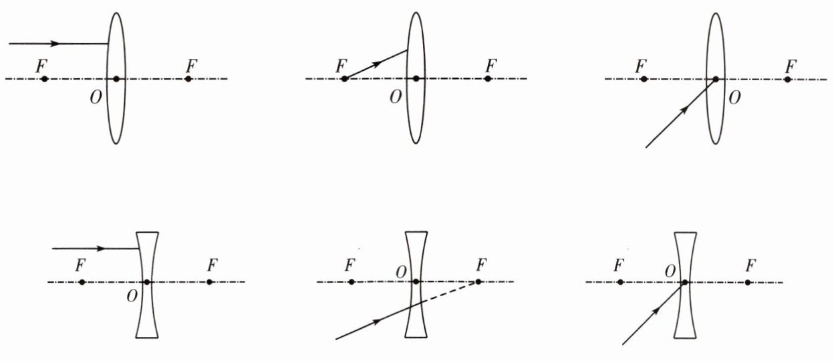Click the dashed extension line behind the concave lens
(x=451, y=293)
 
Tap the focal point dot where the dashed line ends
(x=478, y=281)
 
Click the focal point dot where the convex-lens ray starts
(x=344, y=79)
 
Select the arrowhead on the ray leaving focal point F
(x=378, y=64)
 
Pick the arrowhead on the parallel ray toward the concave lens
(x=101, y=249)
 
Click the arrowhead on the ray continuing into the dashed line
(x=378, y=322)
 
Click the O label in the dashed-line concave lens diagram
(x=400, y=271)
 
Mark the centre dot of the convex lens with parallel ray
(x=116, y=79)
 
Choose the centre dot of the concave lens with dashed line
(x=416, y=281)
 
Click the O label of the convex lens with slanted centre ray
(x=734, y=98)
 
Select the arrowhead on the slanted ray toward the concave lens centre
(x=656, y=311)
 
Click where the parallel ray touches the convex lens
(x=109, y=43)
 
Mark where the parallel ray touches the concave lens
(x=139, y=249)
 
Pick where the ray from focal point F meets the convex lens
(x=408, y=50)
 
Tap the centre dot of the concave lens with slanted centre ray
(x=684, y=282)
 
